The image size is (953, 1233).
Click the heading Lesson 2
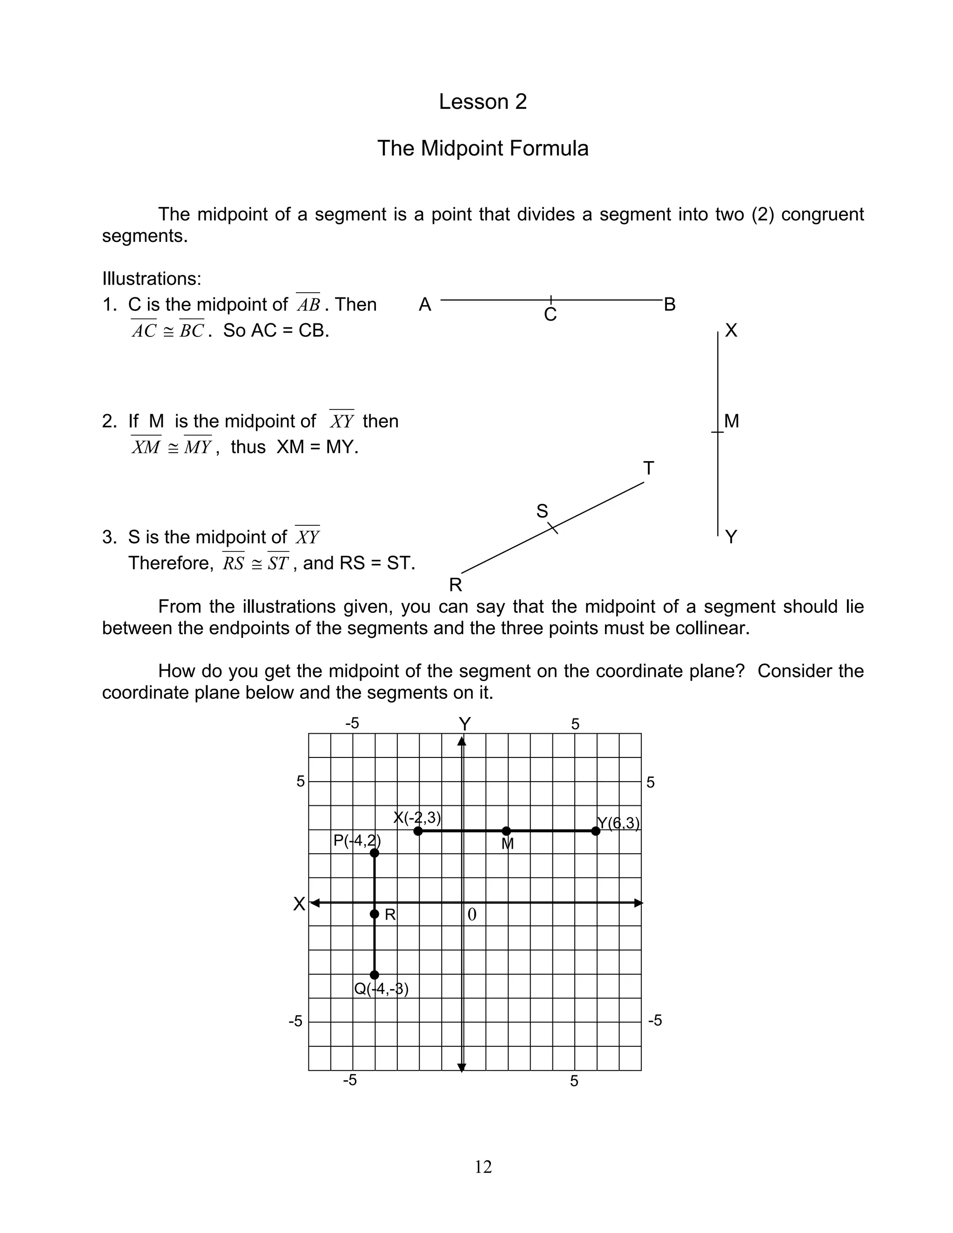click(x=482, y=101)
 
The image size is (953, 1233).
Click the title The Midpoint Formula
click(x=482, y=148)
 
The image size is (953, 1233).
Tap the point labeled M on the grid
click(x=506, y=831)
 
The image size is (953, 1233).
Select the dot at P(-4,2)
click(x=374, y=852)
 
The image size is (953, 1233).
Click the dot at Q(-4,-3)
click(x=374, y=975)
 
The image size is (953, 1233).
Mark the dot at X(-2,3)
click(x=418, y=831)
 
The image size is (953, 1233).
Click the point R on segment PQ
click(x=374, y=914)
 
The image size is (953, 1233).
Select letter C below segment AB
click(x=550, y=315)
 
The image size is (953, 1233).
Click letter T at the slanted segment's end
click(x=648, y=469)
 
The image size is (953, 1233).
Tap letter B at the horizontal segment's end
click(x=670, y=305)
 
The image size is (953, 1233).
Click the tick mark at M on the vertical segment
click(x=717, y=432)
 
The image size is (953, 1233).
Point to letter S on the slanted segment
click(x=542, y=511)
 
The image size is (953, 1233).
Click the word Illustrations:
click(x=151, y=278)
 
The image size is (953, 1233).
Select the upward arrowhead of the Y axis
click(x=462, y=741)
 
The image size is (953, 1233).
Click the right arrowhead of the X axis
click(x=638, y=903)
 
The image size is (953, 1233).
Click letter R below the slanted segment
click(x=455, y=585)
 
